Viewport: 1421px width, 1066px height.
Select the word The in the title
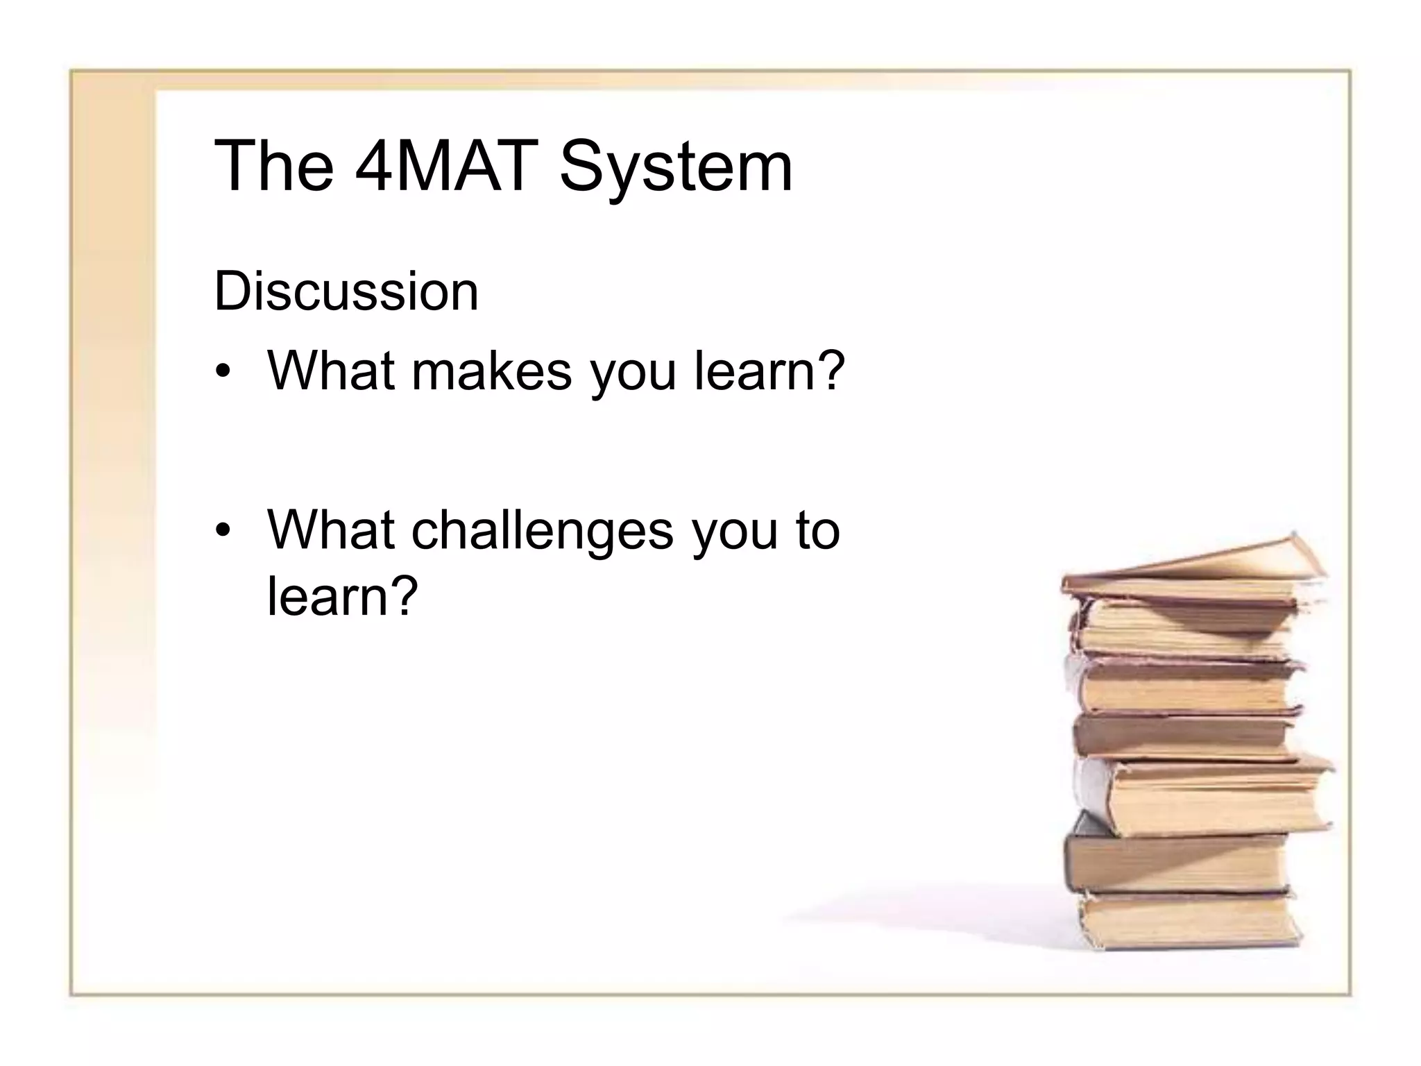[274, 167]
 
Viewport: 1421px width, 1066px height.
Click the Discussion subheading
[346, 291]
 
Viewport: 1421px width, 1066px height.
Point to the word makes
[492, 371]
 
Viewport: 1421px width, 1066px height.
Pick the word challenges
[542, 531]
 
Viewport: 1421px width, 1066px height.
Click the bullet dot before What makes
[222, 373]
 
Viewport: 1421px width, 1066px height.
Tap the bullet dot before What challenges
[222, 532]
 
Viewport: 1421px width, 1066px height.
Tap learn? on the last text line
[343, 595]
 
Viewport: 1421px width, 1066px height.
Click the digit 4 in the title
[374, 167]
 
